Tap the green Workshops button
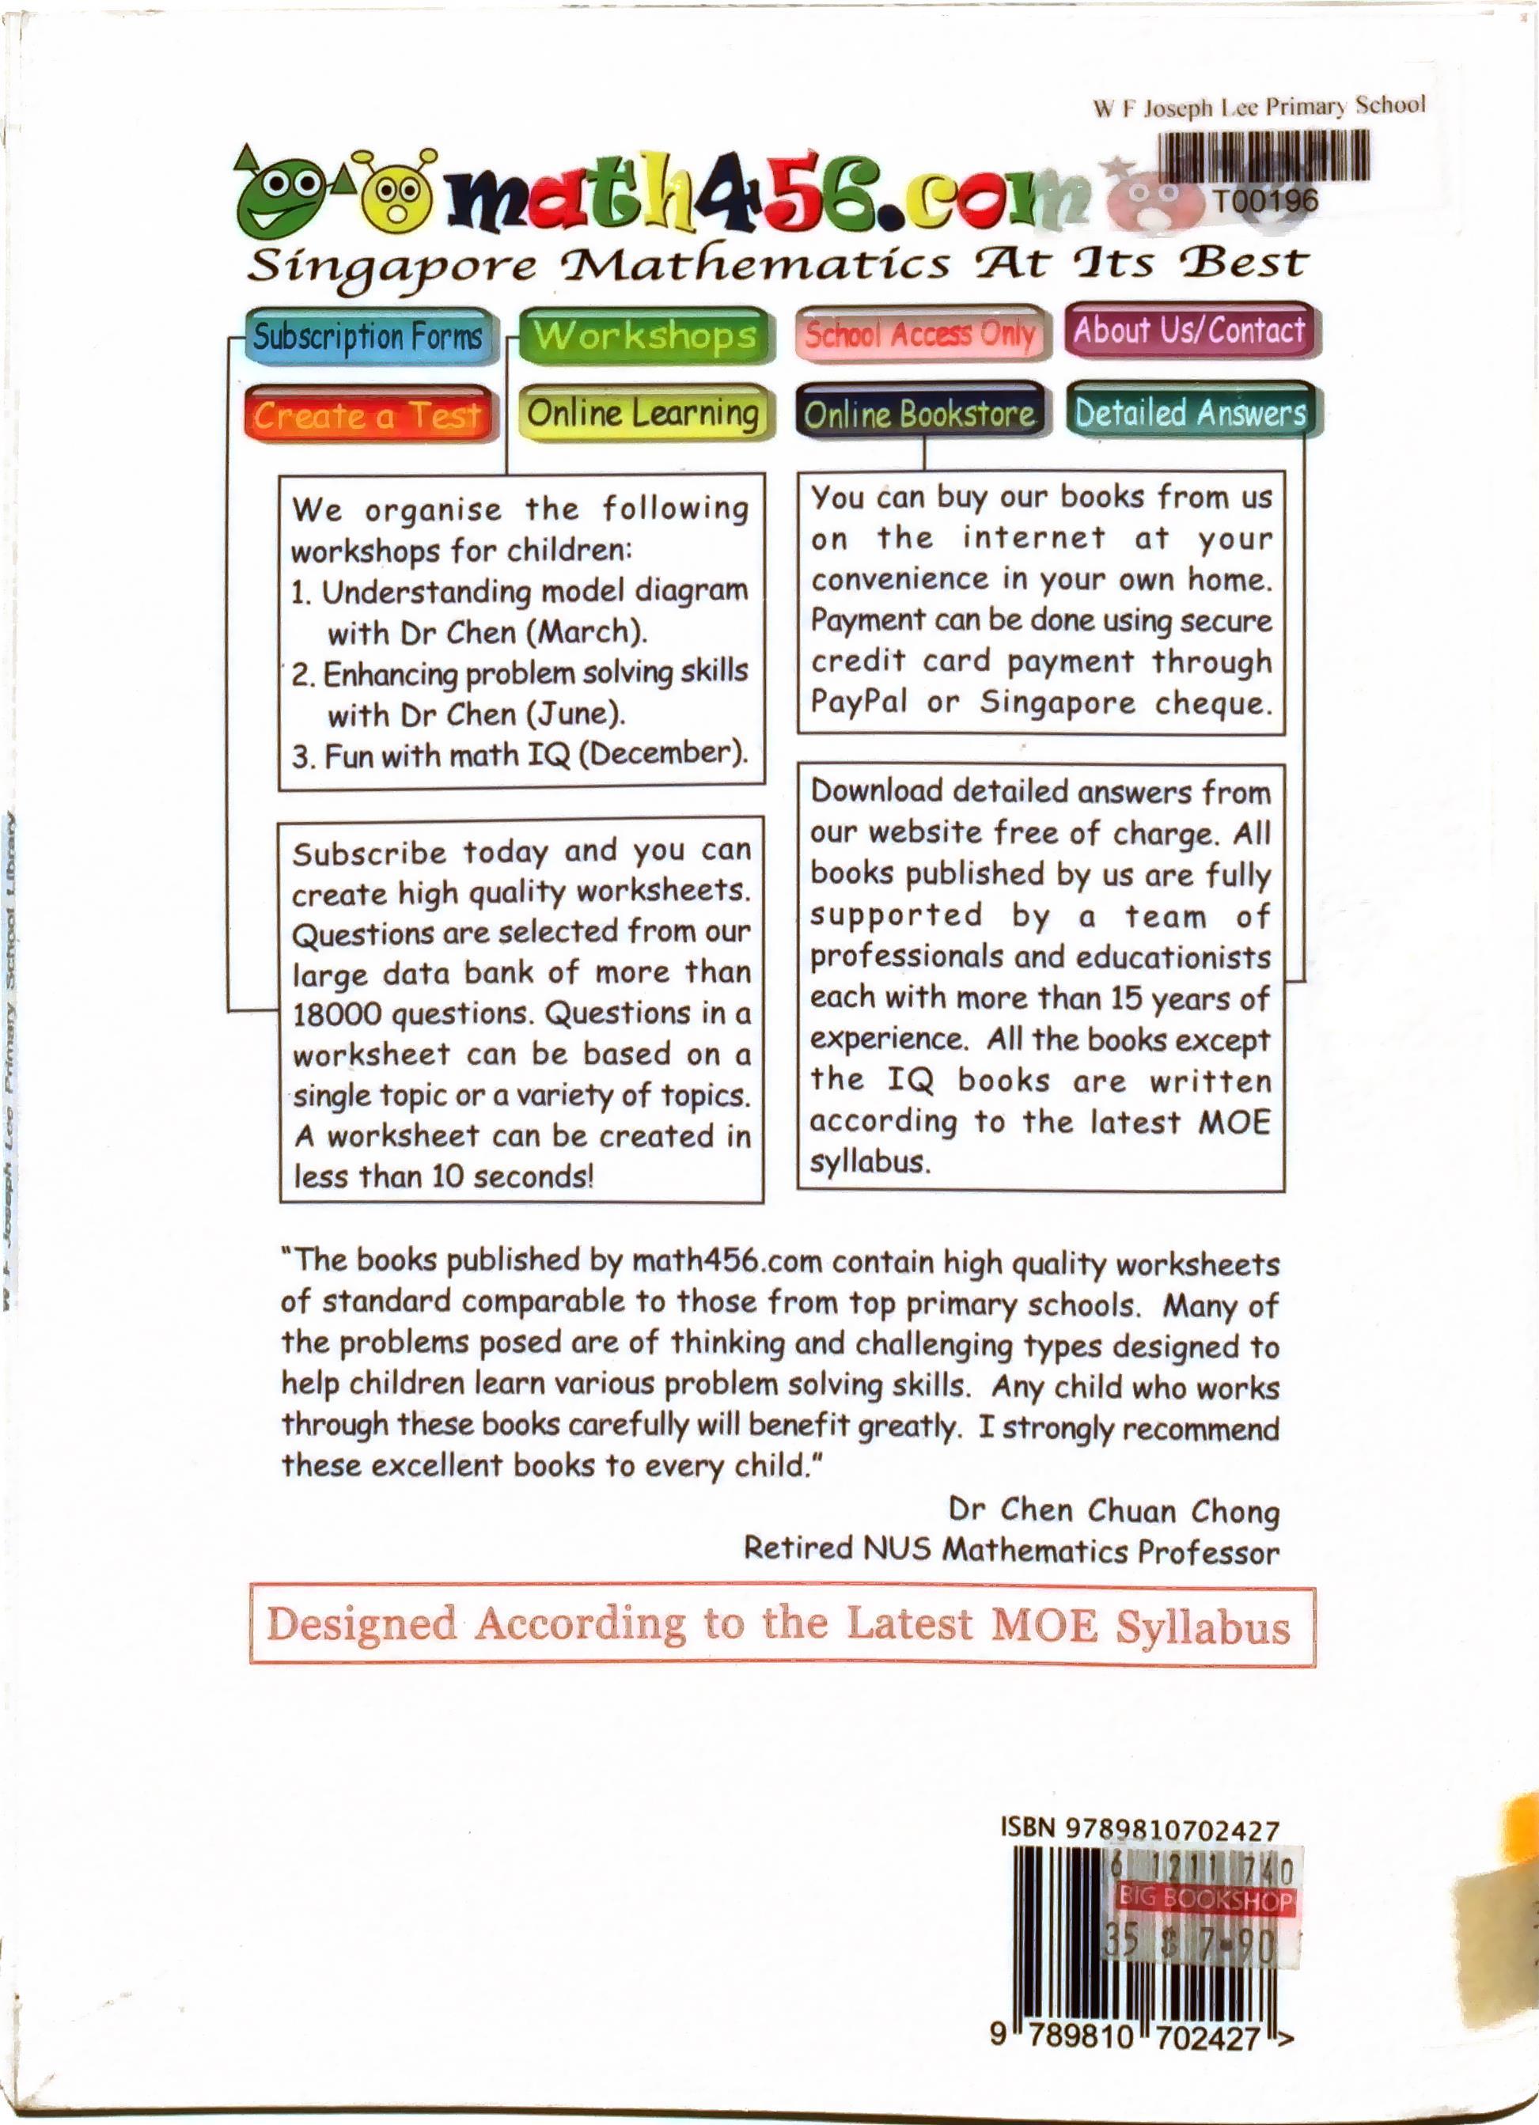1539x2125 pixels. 645,335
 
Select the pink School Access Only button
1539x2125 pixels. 919,332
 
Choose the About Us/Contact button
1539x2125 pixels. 1189,330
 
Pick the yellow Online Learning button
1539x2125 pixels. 643,412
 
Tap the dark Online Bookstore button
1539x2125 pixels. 919,412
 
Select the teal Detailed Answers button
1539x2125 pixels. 1189,411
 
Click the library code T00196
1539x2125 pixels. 1265,199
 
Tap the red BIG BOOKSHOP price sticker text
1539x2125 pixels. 1205,1900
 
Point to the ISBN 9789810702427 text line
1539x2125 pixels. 1139,1829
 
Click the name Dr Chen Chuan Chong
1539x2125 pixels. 1113,1509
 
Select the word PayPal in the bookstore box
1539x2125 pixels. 859,701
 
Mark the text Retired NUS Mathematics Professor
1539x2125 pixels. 1011,1550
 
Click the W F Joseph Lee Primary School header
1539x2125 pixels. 1259,106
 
